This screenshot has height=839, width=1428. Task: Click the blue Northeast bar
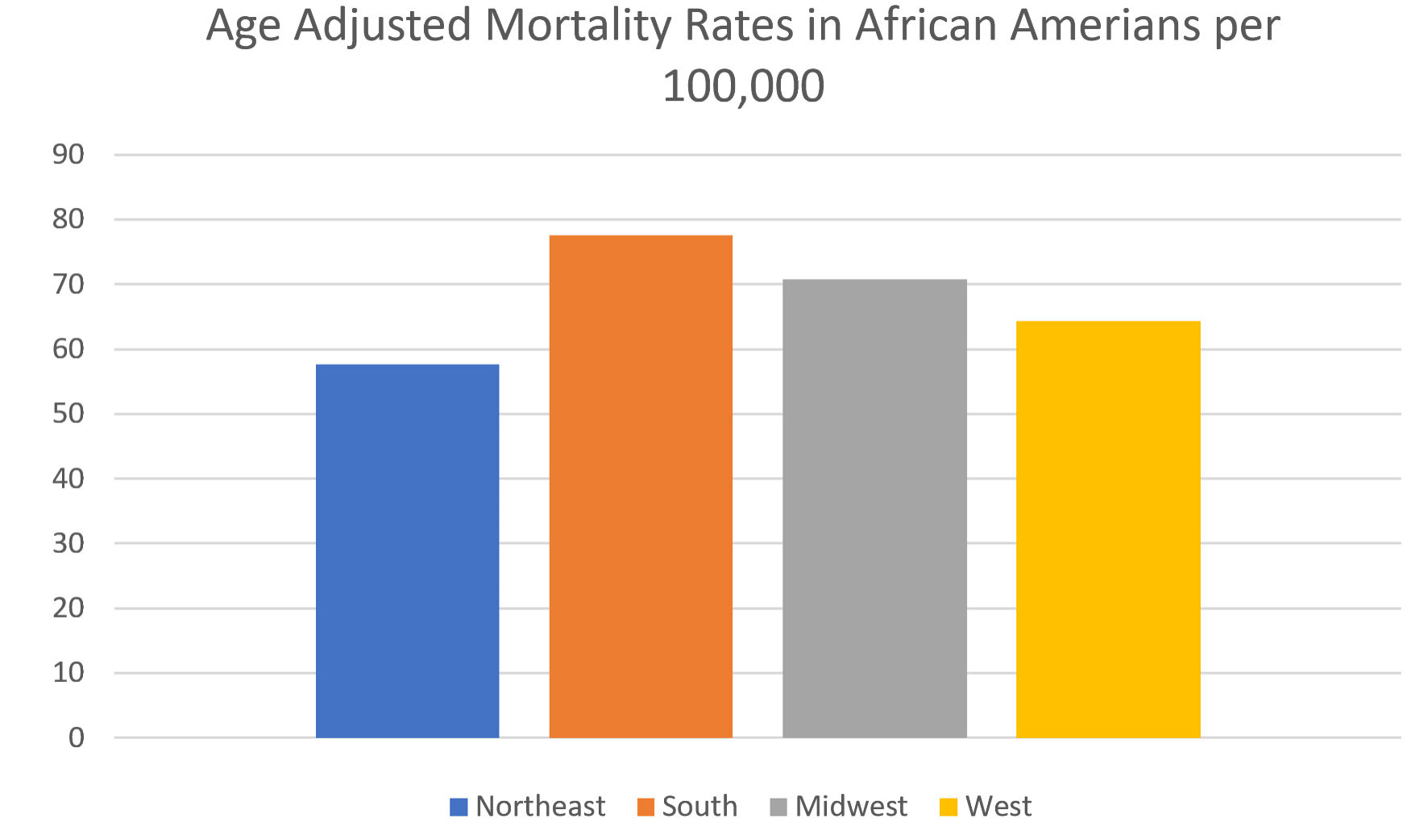click(x=407, y=550)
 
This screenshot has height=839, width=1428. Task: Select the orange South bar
click(x=641, y=486)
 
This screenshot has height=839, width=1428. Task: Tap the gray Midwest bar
click(x=874, y=508)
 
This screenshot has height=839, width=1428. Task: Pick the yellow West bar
click(x=1108, y=529)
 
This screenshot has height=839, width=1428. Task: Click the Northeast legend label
click(x=540, y=806)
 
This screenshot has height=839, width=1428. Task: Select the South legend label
click(x=699, y=806)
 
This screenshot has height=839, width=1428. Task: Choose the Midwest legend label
click(x=851, y=806)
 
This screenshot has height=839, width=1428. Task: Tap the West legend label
click(x=998, y=806)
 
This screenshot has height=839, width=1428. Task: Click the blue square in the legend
click(x=459, y=807)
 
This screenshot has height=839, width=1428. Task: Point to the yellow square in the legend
click(x=949, y=807)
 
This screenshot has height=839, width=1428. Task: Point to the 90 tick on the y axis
click(x=68, y=154)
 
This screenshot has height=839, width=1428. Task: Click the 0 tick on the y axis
click(x=77, y=737)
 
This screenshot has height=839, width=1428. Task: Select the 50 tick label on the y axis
click(x=68, y=413)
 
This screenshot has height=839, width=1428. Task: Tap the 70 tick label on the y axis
click(x=68, y=284)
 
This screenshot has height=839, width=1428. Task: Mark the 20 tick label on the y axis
click(x=68, y=608)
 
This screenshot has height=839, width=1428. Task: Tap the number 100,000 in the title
click(x=743, y=86)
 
